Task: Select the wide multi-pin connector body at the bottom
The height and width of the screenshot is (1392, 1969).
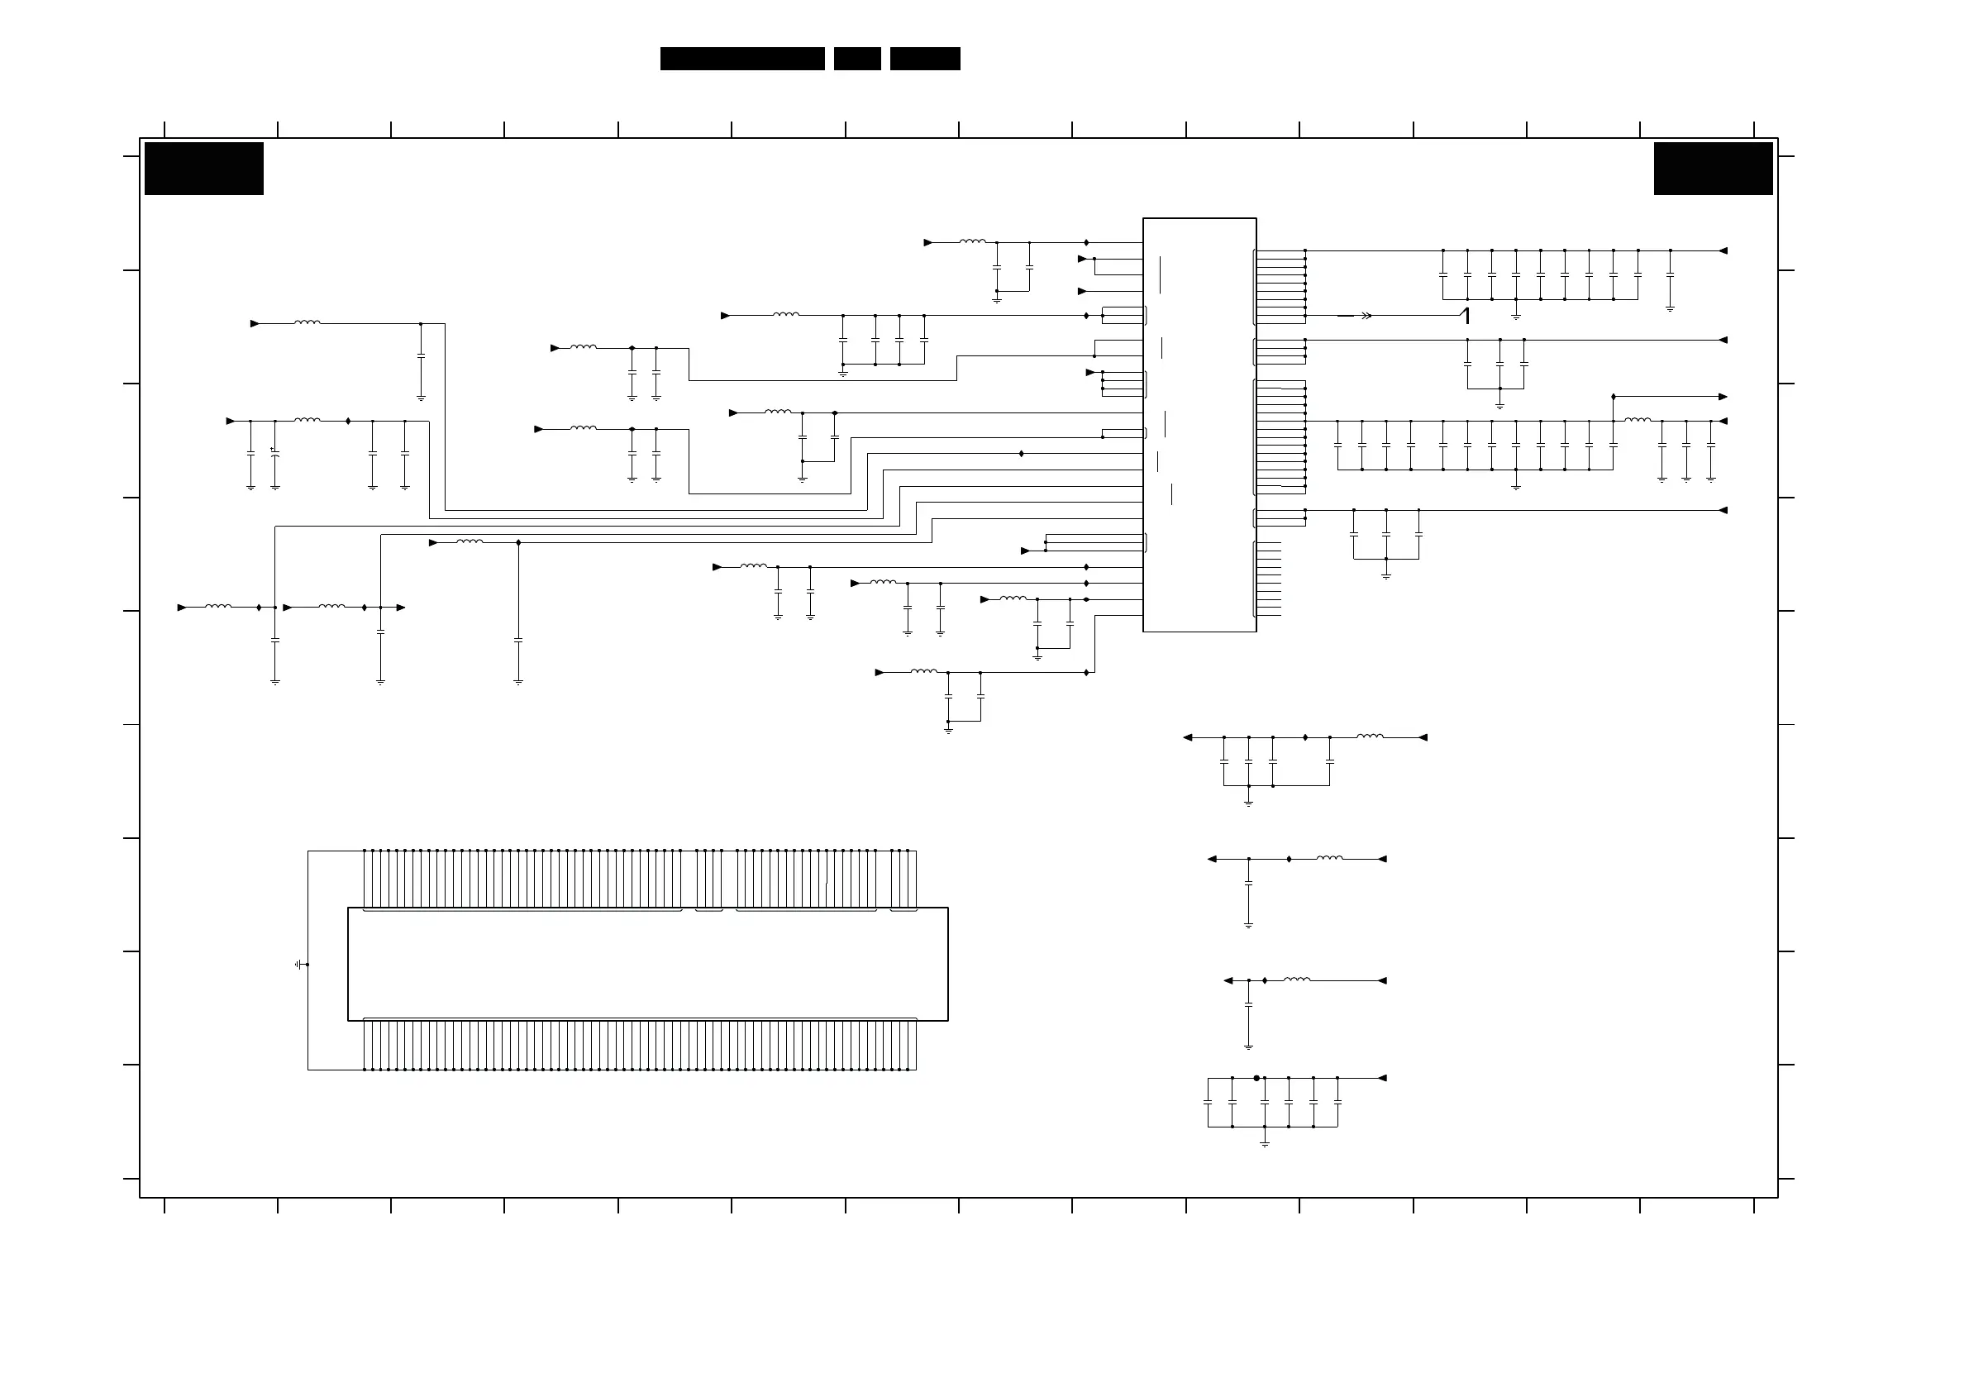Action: point(647,964)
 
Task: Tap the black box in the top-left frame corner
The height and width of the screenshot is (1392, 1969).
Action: point(204,169)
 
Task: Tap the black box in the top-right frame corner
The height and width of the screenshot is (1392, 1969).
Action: point(1713,169)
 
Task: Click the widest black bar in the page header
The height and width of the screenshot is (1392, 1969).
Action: point(741,59)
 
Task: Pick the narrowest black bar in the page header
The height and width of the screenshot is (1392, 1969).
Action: point(856,59)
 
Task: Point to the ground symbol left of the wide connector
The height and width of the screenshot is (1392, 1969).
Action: point(298,964)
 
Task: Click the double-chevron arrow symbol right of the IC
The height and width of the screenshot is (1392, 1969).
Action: point(1366,316)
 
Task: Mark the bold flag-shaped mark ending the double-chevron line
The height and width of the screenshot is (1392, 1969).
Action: point(1466,316)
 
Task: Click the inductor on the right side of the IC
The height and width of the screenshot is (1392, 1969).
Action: point(1638,421)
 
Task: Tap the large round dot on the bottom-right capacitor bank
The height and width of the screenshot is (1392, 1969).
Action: point(1256,1078)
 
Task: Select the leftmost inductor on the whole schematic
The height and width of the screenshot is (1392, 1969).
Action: point(218,608)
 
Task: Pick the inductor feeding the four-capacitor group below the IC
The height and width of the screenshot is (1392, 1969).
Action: point(1370,737)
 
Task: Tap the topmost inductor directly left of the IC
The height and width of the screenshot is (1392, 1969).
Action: point(972,243)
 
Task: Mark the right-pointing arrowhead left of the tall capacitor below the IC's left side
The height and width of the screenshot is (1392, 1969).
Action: point(433,543)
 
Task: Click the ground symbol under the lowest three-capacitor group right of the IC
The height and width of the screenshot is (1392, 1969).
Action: point(1386,575)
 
